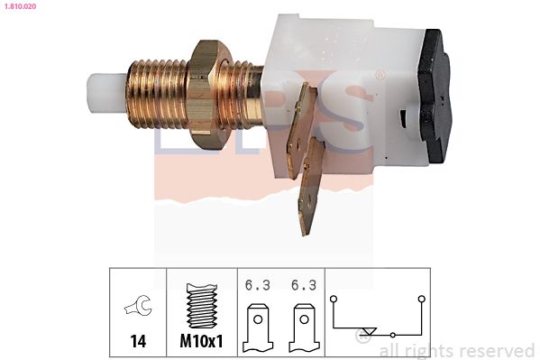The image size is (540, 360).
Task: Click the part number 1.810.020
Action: [x=20, y=6]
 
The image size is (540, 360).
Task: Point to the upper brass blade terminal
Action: [x=301, y=132]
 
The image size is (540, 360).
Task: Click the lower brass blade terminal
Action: [x=311, y=187]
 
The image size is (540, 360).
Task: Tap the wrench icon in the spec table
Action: [x=138, y=305]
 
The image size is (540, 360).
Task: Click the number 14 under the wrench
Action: [x=138, y=341]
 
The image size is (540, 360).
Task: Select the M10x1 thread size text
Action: [x=201, y=341]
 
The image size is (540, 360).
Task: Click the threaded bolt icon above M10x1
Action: [x=202, y=306]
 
